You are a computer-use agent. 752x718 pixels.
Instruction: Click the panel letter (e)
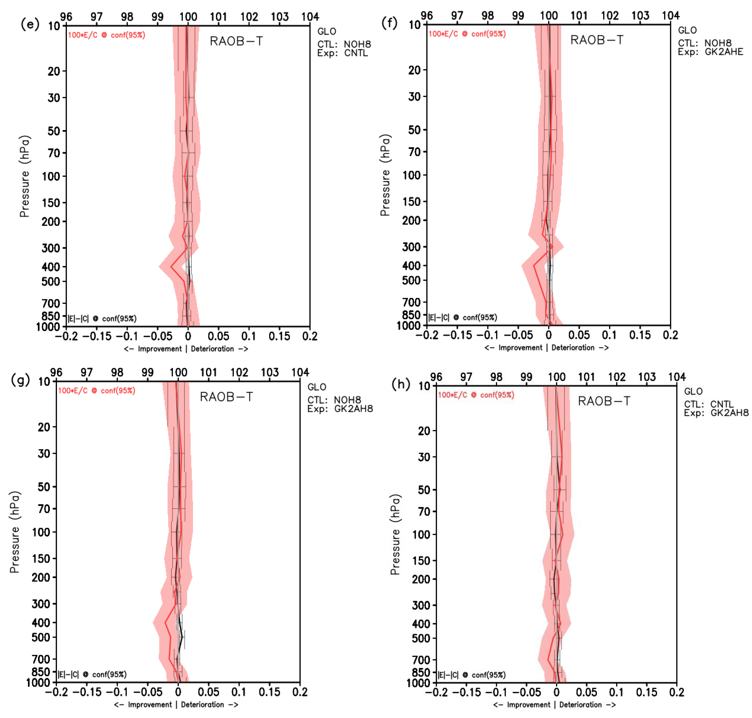point(30,25)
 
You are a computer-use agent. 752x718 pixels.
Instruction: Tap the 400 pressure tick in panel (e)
point(51,267)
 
